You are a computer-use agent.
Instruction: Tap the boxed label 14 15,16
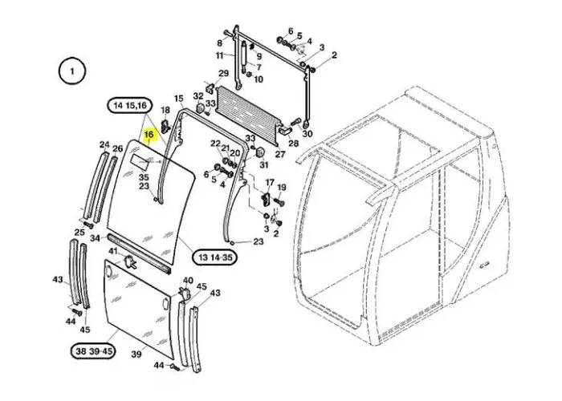point(128,106)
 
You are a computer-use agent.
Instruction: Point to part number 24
point(104,145)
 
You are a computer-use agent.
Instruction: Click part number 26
point(117,148)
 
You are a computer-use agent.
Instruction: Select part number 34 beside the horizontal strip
point(95,238)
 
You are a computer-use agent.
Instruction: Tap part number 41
point(113,252)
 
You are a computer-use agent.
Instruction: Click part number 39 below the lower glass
point(136,354)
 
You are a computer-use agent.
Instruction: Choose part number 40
point(188,281)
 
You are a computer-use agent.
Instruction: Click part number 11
point(218,55)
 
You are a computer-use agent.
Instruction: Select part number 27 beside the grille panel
point(279,154)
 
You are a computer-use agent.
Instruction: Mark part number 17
point(270,183)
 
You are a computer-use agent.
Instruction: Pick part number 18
point(165,110)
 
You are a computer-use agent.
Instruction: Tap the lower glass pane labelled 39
point(136,305)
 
